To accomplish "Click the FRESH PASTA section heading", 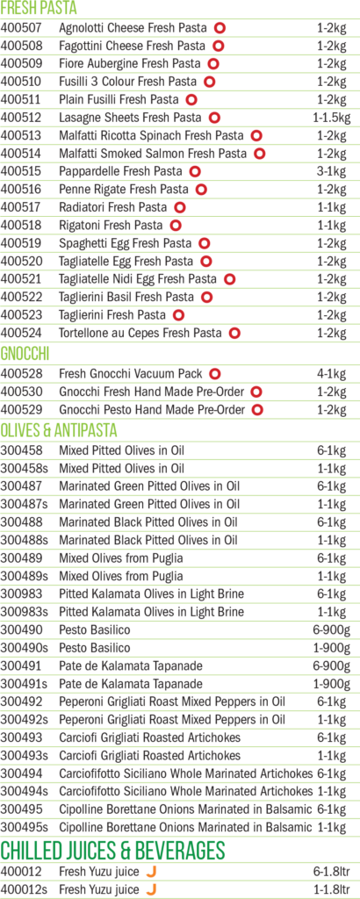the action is [39, 9].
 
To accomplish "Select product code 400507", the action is [22, 27].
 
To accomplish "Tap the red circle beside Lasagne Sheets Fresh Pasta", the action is [214, 118].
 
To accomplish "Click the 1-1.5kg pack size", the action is [331, 118].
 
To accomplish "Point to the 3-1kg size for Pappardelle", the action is [331, 171].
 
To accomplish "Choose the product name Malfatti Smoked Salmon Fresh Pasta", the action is [153, 154].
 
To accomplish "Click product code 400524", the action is [22, 333].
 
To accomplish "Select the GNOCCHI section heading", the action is [25, 355].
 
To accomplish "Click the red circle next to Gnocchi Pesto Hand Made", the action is [257, 410].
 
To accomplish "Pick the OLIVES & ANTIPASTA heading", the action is [59, 430].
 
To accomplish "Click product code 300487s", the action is [25, 504].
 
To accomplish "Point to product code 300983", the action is [22, 594].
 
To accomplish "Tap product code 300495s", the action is [25, 827].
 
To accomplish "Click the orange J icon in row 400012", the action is [151, 872].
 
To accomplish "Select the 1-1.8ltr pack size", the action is [331, 890].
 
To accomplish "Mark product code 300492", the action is [22, 701].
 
